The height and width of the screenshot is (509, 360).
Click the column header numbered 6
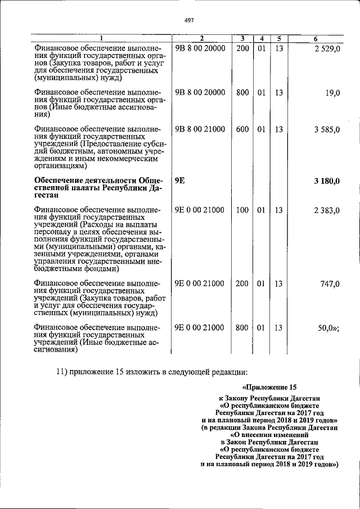click(316, 38)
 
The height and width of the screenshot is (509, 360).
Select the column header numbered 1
click(101, 38)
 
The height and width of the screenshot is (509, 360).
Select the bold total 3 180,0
click(326, 180)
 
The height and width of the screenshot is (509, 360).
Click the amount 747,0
click(330, 284)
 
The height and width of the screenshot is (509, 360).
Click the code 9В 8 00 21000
click(200, 129)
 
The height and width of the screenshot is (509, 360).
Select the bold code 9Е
click(180, 180)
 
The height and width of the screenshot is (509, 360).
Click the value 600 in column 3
click(242, 129)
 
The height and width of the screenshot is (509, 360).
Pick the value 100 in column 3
click(242, 211)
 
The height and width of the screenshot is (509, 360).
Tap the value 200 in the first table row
click(242, 49)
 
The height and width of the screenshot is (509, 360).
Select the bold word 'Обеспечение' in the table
click(61, 180)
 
